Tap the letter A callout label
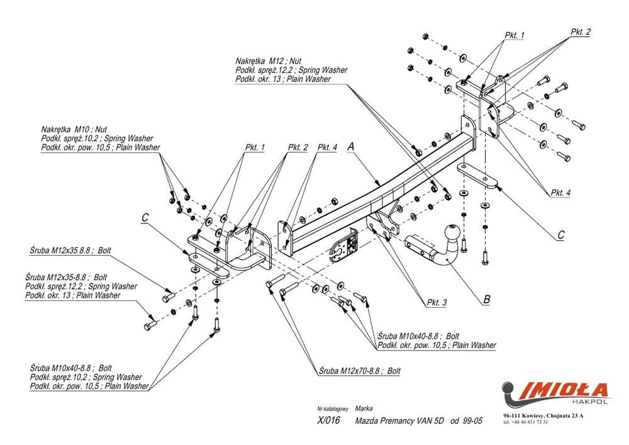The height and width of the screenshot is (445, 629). pyautogui.click(x=352, y=146)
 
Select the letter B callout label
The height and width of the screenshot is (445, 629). pyautogui.click(x=486, y=300)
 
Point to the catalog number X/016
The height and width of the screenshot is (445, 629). pyautogui.click(x=328, y=421)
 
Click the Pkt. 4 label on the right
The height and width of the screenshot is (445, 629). pyautogui.click(x=560, y=193)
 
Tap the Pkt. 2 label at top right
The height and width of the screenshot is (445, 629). pyautogui.click(x=580, y=32)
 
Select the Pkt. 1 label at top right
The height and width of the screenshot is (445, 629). pyautogui.click(x=515, y=35)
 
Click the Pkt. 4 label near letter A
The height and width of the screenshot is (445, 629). pyautogui.click(x=327, y=147)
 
